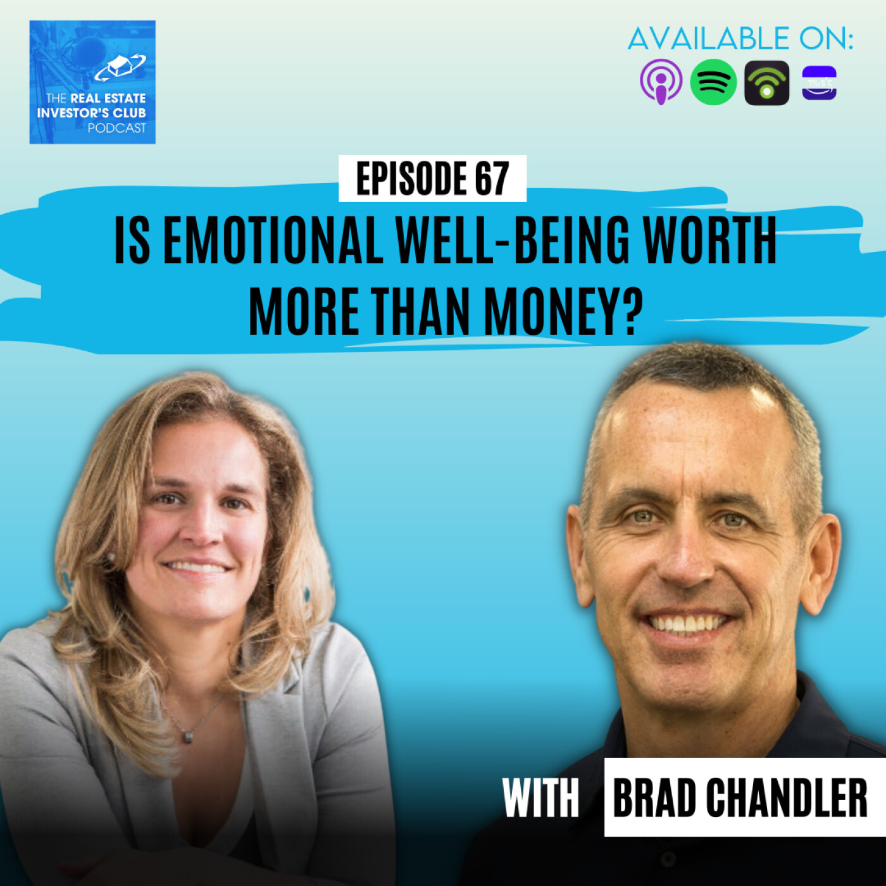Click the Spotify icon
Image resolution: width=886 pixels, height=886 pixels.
(x=713, y=82)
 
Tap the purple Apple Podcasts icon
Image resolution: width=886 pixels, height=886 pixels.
(x=661, y=82)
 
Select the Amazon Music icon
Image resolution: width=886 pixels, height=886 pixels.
(x=820, y=83)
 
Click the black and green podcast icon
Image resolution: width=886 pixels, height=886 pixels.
(x=766, y=83)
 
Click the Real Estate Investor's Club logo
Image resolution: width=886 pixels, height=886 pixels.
(x=92, y=82)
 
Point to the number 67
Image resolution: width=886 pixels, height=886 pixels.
(x=492, y=179)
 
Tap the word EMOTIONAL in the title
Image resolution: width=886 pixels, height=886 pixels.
(x=273, y=240)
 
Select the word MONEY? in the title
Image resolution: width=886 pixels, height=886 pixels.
(x=563, y=311)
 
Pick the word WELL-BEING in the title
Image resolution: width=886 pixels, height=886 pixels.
(x=513, y=240)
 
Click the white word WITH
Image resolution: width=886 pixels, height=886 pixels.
(x=540, y=797)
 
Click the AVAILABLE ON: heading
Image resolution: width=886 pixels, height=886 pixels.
(x=740, y=39)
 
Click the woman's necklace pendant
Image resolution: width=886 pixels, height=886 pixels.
(x=187, y=737)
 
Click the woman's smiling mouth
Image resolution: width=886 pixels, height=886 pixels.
(x=197, y=567)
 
